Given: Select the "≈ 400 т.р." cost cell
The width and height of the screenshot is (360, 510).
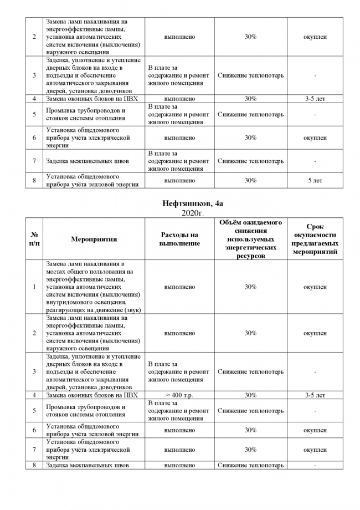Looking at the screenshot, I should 179,395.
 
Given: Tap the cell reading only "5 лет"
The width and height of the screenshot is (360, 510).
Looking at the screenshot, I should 315,180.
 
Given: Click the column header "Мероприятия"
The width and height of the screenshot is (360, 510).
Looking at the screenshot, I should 94,239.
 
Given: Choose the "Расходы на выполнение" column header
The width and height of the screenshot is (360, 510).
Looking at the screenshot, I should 179,239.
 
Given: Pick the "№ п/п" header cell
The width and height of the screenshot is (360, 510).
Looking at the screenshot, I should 35,239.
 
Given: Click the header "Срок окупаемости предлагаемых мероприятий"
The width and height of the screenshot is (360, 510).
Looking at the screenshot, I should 315,239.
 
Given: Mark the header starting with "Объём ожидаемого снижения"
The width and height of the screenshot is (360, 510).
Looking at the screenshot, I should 250,239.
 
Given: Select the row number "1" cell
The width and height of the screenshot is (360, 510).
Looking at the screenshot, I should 35,287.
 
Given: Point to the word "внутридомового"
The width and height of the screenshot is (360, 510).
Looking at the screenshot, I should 67,302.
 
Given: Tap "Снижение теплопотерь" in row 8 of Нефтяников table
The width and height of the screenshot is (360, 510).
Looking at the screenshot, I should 250,465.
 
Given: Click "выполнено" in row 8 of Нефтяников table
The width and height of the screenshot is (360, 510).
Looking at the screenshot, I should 179,465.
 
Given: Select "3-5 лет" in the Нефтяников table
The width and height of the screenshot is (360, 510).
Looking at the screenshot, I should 315,395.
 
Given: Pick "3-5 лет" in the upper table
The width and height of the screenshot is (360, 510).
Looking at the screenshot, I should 315,98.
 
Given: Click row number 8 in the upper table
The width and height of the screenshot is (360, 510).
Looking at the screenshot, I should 35,180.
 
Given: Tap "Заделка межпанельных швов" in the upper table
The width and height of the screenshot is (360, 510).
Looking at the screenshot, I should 88,161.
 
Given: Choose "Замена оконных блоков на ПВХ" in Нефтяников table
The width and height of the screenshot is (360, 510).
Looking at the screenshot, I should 92,395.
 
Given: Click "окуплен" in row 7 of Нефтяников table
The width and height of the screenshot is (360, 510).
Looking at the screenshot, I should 315,450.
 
